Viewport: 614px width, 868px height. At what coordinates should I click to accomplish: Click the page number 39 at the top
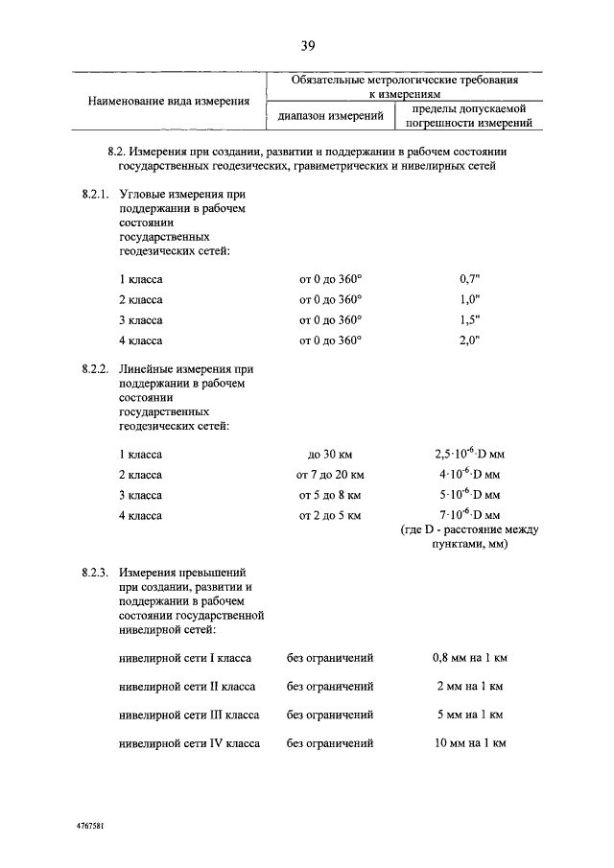[x=307, y=45]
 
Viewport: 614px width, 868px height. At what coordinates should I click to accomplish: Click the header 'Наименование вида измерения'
[x=170, y=101]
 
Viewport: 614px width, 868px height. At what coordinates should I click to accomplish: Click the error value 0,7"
[x=469, y=278]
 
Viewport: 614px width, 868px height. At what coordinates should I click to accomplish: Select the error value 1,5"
[x=469, y=319]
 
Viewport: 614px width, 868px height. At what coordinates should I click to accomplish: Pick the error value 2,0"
[x=469, y=340]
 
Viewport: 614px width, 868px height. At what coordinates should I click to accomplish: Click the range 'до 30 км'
[x=330, y=454]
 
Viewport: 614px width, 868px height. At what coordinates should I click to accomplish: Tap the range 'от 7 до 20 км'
[x=330, y=475]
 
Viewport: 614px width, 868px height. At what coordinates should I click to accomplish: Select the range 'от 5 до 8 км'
[x=330, y=495]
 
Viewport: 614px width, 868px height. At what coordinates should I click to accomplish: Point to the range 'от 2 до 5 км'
[x=330, y=516]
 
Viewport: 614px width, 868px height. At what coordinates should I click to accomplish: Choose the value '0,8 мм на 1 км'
[x=469, y=659]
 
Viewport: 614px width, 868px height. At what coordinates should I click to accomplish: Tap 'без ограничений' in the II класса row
[x=330, y=687]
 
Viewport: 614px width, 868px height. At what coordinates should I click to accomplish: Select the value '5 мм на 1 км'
[x=469, y=715]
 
